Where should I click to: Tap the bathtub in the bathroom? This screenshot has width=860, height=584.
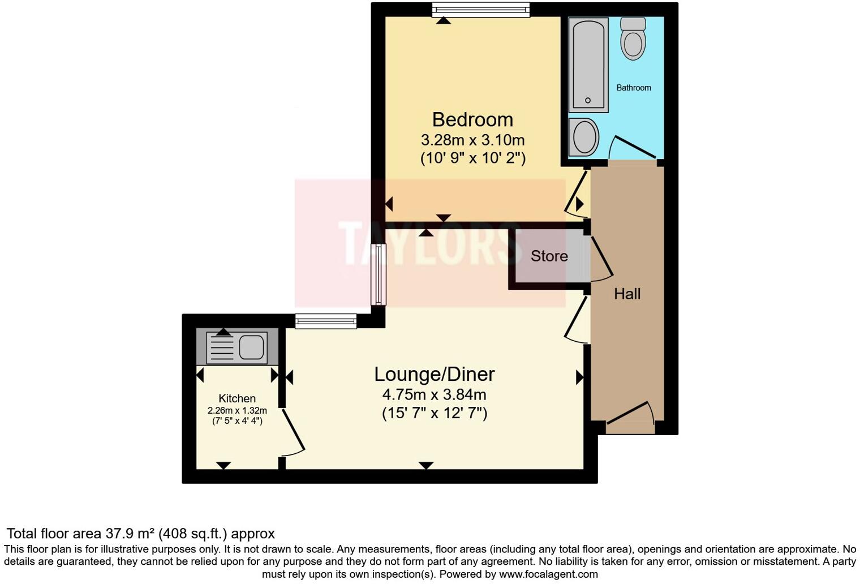point(588,65)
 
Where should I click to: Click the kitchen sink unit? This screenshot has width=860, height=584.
point(237,347)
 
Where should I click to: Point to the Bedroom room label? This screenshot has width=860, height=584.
point(472,120)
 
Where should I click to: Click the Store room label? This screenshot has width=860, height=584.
point(549,256)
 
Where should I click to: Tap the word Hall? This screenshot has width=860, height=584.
point(627,294)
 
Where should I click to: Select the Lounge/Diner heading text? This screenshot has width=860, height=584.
point(434,374)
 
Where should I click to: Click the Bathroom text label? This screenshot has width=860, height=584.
point(633,88)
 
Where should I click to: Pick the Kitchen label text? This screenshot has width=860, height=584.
point(237,398)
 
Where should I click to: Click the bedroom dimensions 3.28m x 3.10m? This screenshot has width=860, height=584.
point(472,140)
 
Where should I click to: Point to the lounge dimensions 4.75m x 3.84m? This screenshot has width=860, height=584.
point(434,394)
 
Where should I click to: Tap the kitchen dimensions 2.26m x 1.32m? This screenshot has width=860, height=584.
point(237,411)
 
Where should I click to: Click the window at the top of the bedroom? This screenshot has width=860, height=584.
point(480,10)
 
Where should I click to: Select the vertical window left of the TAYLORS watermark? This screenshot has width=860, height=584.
point(378,274)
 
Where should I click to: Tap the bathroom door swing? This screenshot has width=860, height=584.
point(632,148)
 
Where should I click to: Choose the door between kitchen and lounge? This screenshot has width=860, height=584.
point(293,433)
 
